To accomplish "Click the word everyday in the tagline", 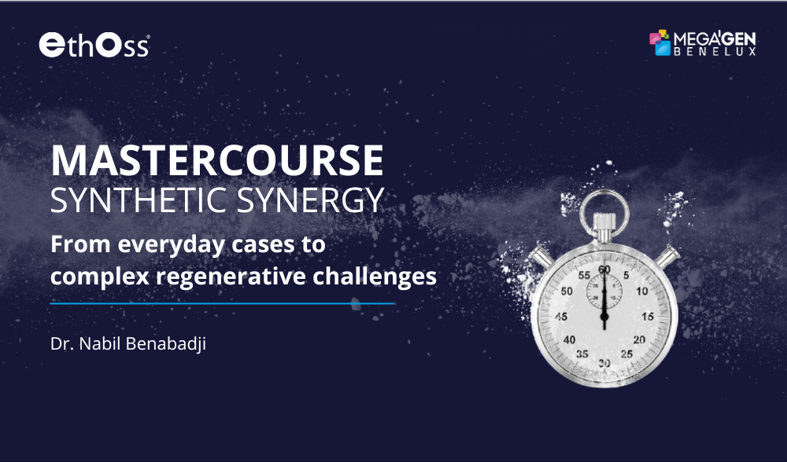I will point(153,244).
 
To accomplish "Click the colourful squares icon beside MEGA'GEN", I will point(661,42).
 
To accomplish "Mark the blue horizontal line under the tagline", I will point(222,302).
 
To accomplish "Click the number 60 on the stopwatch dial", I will point(604,269).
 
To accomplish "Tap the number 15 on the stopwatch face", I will point(648,317).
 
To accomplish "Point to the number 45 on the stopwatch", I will point(561,317).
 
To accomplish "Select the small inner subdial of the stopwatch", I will point(604,291).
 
